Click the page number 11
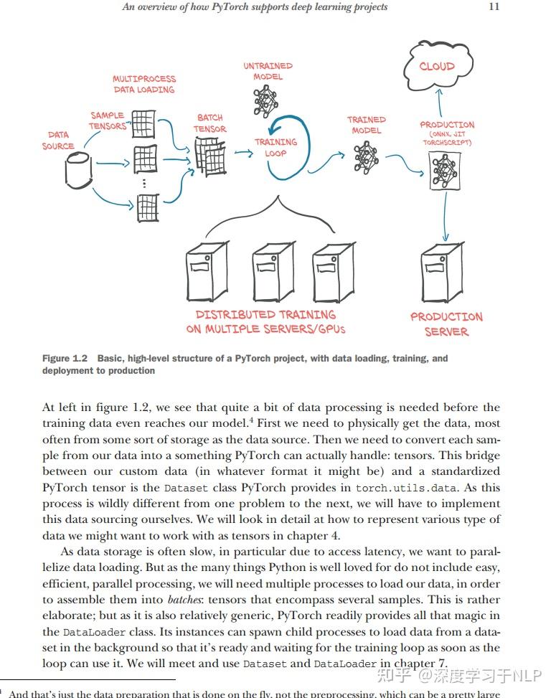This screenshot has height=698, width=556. click(493, 6)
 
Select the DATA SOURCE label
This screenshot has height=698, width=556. click(58, 140)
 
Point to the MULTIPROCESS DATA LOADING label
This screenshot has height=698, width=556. click(143, 84)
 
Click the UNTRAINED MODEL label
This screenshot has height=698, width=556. click(268, 71)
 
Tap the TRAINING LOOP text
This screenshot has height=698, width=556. click(275, 147)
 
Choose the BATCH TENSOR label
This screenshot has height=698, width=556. click(209, 123)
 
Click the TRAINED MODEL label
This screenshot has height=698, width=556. click(366, 125)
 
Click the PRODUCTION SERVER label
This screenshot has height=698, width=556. click(446, 324)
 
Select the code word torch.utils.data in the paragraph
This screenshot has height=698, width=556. click(406, 488)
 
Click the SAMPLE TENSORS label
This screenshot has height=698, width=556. click(107, 121)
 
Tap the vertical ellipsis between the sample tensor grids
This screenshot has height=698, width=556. click(144, 184)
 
